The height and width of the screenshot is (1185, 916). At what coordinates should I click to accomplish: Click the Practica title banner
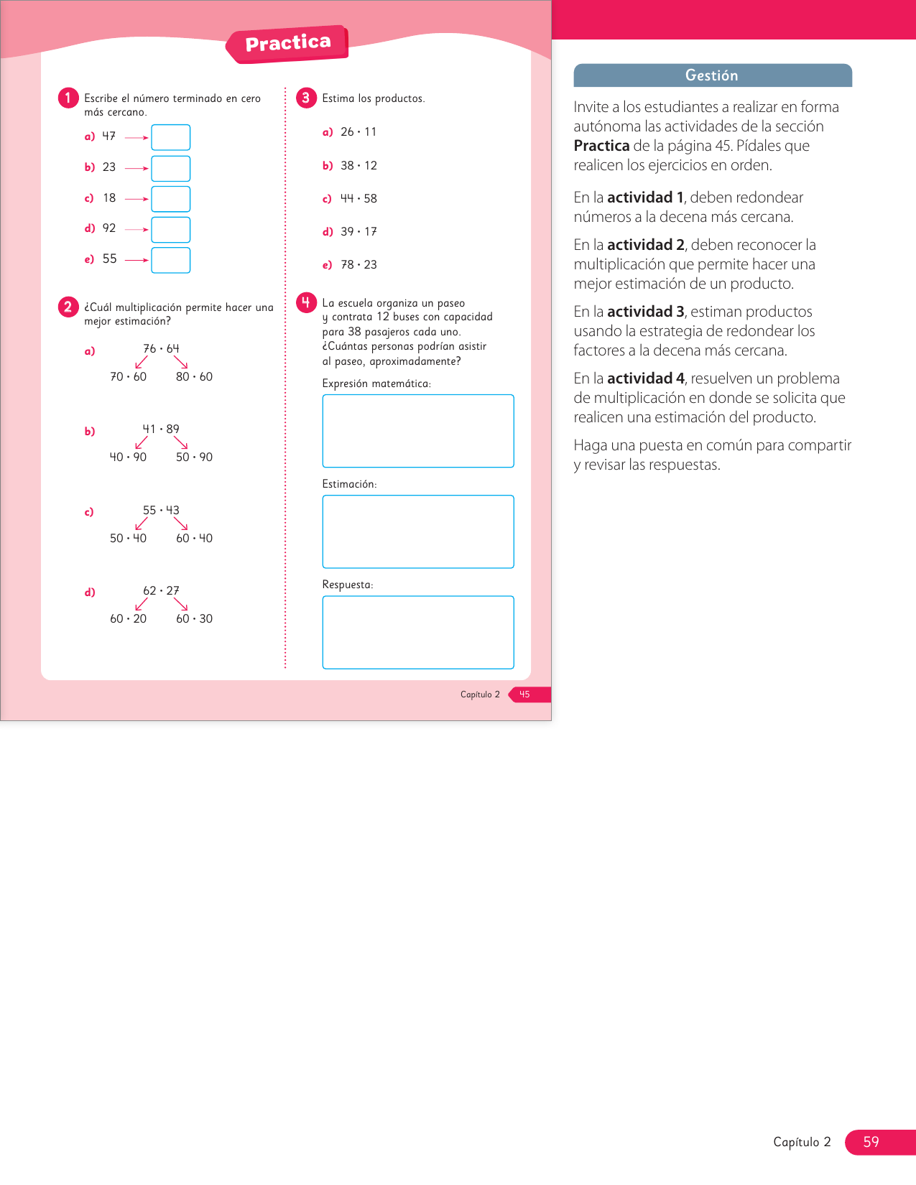point(287,44)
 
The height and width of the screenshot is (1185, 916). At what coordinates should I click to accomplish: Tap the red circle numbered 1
point(68,98)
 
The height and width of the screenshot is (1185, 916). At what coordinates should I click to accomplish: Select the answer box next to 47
point(170,137)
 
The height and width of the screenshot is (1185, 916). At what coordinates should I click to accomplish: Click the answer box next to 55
point(170,260)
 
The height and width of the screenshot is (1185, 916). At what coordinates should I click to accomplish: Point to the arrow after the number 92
point(137,229)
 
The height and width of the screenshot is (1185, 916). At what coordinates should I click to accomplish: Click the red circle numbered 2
point(68,307)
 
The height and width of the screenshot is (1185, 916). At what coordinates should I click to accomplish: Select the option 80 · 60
point(194,376)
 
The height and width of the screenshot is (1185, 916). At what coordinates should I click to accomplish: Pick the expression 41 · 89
point(161,429)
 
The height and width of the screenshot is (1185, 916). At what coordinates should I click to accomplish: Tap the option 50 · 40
point(128,538)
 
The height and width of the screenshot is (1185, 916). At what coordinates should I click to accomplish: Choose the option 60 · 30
point(194,618)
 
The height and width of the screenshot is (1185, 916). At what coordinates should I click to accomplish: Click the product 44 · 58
point(358,198)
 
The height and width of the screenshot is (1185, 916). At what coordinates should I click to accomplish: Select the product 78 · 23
point(358,264)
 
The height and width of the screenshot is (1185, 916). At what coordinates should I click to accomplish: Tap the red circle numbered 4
point(306,302)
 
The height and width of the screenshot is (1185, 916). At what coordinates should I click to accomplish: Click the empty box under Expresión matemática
point(418,431)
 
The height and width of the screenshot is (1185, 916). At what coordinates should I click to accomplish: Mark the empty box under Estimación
point(418,531)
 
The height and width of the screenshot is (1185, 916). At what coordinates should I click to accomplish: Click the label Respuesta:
point(348,585)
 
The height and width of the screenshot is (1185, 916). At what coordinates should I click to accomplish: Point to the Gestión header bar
point(712,75)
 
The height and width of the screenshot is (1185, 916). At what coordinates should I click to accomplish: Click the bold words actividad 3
point(645,311)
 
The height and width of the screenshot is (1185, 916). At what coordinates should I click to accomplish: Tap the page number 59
point(871,1142)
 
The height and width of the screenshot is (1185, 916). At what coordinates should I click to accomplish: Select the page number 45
point(524,694)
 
